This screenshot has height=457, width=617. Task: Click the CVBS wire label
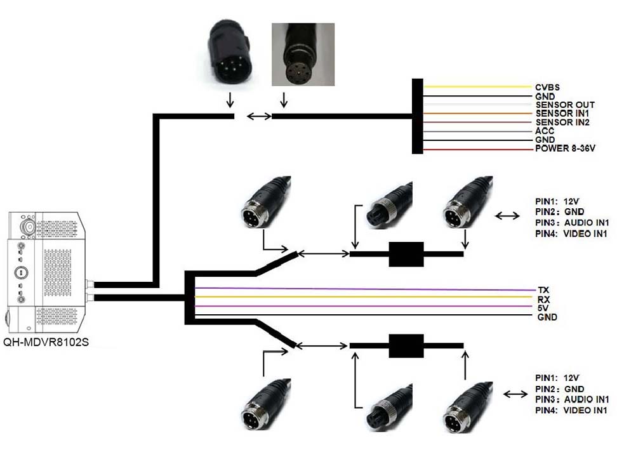click(547, 87)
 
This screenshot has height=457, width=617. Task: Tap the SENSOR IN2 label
click(562, 122)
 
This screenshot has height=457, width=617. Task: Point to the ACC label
click(545, 131)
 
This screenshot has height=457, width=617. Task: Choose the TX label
click(543, 289)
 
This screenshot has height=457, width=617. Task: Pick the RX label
click(543, 298)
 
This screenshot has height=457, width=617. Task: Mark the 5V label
click(543, 307)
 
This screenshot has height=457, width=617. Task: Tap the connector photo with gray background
click(303, 55)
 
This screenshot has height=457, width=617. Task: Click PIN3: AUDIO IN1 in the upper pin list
click(572, 223)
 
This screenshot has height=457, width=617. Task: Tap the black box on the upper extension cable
click(406, 254)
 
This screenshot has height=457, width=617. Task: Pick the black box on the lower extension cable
click(406, 347)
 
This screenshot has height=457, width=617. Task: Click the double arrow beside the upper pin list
click(507, 216)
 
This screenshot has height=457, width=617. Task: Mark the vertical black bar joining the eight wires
click(417, 116)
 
